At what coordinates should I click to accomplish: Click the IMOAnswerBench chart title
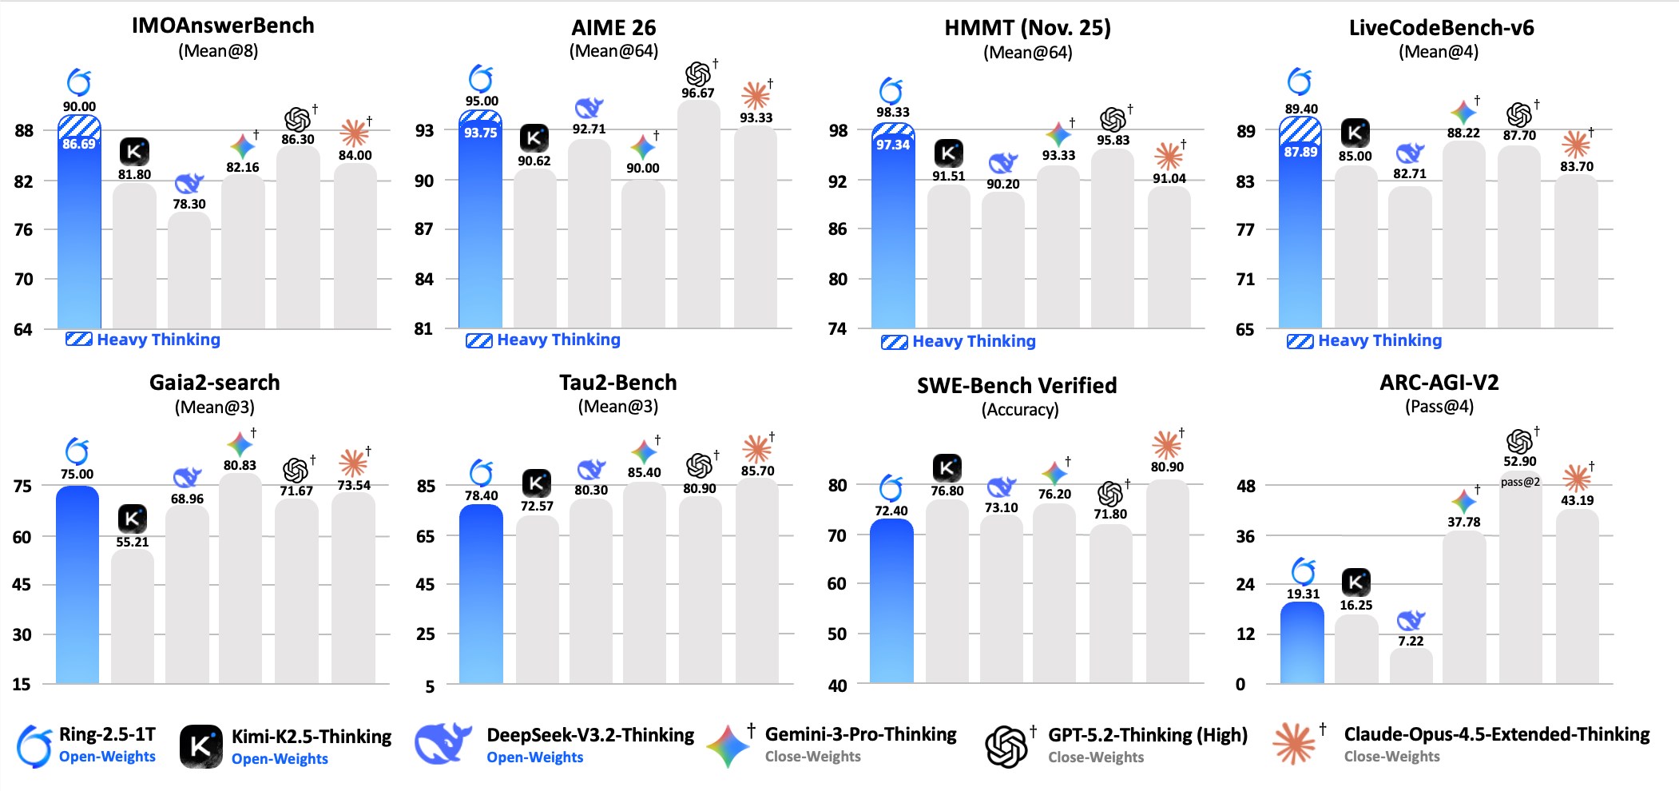[223, 26]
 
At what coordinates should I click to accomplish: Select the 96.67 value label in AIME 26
[697, 93]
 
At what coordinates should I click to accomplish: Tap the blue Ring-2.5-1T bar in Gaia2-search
[77, 583]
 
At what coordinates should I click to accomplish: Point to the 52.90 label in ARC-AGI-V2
[1519, 462]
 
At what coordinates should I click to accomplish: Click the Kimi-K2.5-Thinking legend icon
[201, 746]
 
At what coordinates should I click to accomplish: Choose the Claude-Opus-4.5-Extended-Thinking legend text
[1496, 734]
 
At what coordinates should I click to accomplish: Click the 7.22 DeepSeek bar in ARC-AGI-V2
[1411, 666]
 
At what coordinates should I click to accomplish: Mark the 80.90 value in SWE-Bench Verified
[1167, 467]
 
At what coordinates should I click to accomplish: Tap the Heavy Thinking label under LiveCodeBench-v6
[1379, 340]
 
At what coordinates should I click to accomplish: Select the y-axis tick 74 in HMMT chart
[837, 329]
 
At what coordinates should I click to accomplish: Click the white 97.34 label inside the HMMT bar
[892, 145]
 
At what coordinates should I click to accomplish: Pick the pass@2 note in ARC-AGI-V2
[1519, 482]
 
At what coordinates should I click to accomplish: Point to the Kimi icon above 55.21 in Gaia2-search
[133, 519]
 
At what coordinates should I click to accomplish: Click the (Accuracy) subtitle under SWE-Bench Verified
[1020, 410]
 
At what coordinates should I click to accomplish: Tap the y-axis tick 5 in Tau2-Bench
[430, 686]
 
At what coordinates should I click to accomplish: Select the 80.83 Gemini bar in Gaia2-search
[240, 579]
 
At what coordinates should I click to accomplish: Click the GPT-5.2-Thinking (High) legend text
[1147, 735]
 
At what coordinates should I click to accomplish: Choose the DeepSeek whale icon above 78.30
[189, 183]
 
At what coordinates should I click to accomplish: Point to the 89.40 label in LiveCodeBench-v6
[1301, 109]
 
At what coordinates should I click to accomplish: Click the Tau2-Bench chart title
[617, 383]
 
